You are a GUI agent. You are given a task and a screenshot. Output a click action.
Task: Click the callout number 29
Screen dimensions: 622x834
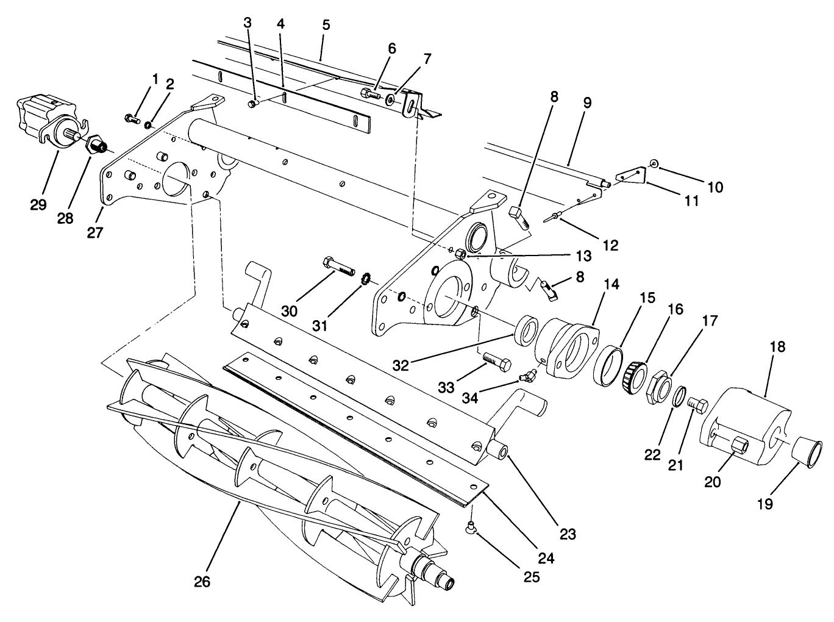click(38, 205)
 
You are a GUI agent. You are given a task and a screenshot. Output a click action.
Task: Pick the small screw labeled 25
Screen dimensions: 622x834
click(471, 528)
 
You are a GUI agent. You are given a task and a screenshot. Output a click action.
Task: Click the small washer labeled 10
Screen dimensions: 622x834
click(654, 163)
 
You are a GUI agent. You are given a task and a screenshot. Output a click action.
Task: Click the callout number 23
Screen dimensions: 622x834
click(568, 535)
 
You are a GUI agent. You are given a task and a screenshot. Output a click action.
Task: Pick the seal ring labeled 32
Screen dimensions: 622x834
click(526, 331)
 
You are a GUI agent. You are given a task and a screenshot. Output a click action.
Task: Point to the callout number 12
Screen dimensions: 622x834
click(610, 245)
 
